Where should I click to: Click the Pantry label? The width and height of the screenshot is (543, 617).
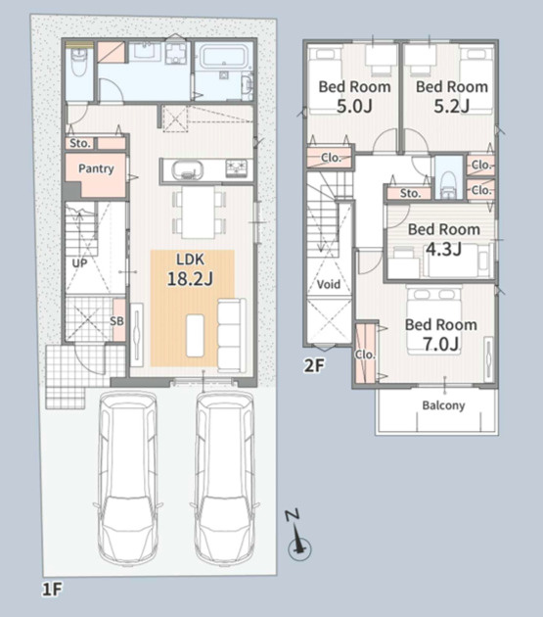(96, 168)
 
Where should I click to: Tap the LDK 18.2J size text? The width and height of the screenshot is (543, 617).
(191, 278)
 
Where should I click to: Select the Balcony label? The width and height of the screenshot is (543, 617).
(443, 405)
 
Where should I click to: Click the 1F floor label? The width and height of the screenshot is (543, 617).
(52, 590)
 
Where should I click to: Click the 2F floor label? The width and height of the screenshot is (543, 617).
(314, 366)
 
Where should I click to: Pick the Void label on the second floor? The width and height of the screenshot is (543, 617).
(329, 284)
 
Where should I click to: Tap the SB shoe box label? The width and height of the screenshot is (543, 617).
(116, 321)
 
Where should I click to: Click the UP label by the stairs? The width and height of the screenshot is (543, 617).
(80, 263)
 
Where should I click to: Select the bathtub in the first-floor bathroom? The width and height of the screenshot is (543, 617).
(224, 57)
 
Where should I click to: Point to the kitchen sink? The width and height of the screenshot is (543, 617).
(187, 170)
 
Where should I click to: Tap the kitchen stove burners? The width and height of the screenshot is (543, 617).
(237, 168)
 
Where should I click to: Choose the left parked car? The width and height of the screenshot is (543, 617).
(128, 478)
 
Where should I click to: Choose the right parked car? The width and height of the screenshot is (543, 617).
(225, 478)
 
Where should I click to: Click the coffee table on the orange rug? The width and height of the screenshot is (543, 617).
(195, 335)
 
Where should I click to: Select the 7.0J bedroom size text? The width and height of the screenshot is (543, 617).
(441, 344)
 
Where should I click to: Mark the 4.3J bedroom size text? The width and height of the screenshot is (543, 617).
(443, 250)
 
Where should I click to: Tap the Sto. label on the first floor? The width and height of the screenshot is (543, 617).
(80, 143)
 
